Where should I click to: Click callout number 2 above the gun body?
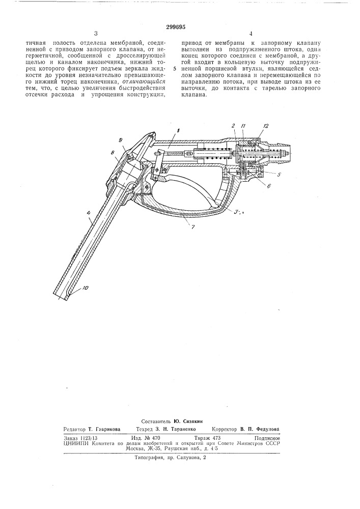tap(232, 125)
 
